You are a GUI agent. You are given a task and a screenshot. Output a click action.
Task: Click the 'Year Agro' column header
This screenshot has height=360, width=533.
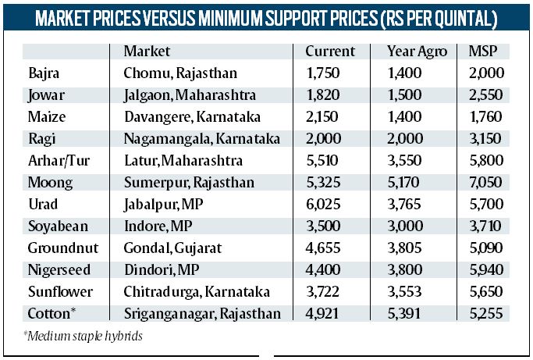tap(417, 52)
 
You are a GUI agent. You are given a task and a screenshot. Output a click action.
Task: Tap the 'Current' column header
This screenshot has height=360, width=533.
tap(330, 52)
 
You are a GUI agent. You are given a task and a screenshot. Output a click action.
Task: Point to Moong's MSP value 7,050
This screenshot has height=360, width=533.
tap(485, 184)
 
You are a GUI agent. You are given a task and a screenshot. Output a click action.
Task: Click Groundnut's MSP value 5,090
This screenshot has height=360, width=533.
tap(485, 249)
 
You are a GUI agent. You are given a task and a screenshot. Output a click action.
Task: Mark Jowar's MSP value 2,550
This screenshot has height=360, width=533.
tap(485, 96)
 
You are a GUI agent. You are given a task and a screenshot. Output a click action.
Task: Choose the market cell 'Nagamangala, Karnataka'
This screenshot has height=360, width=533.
tap(201, 140)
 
